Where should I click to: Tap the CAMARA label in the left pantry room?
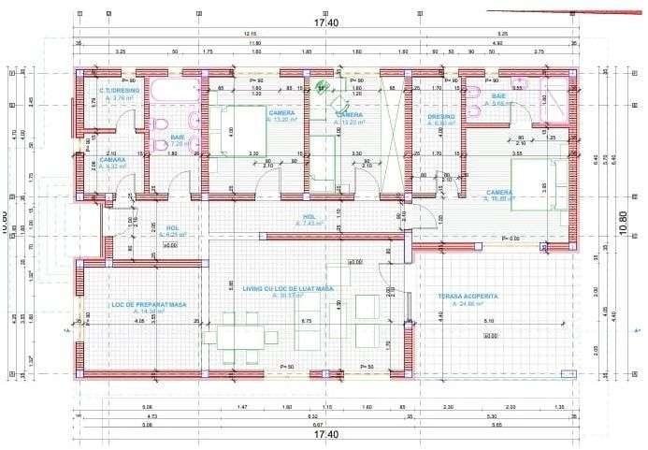click(112, 159)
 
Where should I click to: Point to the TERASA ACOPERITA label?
click(468, 296)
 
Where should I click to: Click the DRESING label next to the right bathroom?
click(440, 117)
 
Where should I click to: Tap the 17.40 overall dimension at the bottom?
click(325, 435)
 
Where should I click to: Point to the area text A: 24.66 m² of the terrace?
click(468, 304)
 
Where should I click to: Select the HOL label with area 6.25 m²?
click(172, 227)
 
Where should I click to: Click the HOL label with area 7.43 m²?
click(308, 217)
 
